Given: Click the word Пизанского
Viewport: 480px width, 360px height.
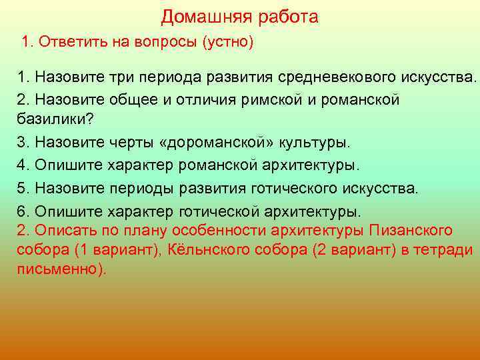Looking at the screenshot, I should click(409, 231).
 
